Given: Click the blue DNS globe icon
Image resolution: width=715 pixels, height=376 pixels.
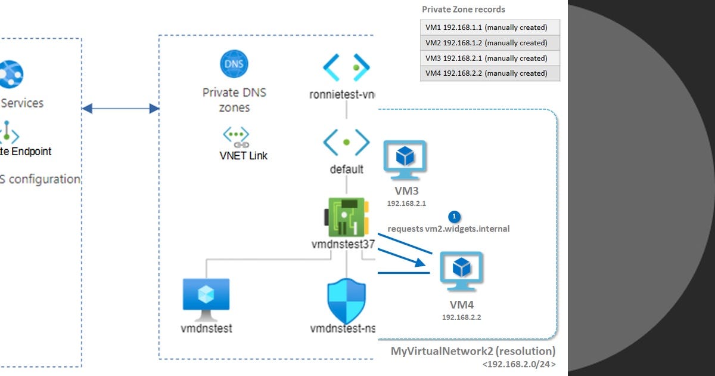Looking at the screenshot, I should point(234,64).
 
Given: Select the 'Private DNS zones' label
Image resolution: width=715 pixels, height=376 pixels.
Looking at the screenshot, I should point(234,100).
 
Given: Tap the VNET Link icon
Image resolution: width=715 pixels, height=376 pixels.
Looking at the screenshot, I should point(236,137).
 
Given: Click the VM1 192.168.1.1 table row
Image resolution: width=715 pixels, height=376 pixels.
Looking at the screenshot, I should point(490,27).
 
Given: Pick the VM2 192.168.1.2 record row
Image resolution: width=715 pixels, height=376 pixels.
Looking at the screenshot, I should point(490,43).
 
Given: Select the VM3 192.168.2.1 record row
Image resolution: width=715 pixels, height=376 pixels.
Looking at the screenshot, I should point(490,58).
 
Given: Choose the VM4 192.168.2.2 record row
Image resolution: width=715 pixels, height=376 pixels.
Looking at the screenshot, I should point(490,73).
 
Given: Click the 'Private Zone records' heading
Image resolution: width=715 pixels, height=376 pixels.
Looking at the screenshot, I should point(463,10).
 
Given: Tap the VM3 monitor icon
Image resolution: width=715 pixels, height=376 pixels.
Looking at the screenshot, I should point(405,160).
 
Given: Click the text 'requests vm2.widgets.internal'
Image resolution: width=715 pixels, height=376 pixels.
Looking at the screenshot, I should point(448,229).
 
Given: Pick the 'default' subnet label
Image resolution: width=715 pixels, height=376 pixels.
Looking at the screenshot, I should point(346,169).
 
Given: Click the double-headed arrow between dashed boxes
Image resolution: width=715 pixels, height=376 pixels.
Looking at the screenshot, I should point(120,109).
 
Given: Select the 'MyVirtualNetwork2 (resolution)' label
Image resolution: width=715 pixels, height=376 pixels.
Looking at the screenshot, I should point(472,351).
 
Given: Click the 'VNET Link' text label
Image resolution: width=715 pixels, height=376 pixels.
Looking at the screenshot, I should point(243,156).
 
